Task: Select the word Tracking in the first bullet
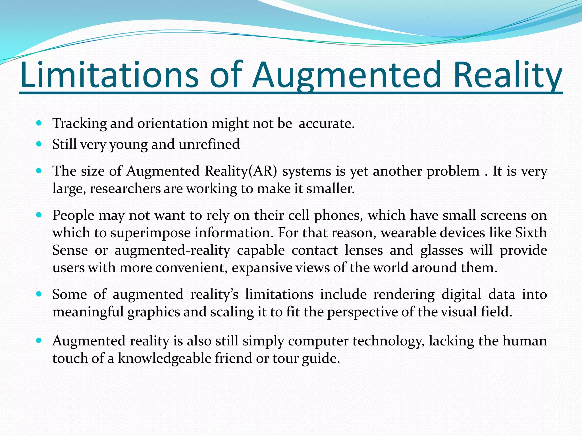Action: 79,123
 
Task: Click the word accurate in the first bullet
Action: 326,123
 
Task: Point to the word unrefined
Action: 209,144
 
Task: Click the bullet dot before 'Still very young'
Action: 39,144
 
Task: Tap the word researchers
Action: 125,188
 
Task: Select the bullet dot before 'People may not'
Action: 39,215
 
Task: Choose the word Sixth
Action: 531,233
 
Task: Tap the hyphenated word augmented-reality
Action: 172,250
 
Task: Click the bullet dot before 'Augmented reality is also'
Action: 39,340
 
